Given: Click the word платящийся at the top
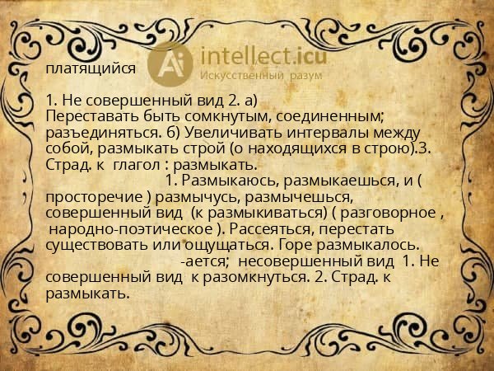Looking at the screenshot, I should coord(91,69).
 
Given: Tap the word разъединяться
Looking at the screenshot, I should coord(103,132).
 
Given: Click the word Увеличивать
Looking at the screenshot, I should coord(233,132).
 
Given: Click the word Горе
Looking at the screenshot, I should coord(296,245).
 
